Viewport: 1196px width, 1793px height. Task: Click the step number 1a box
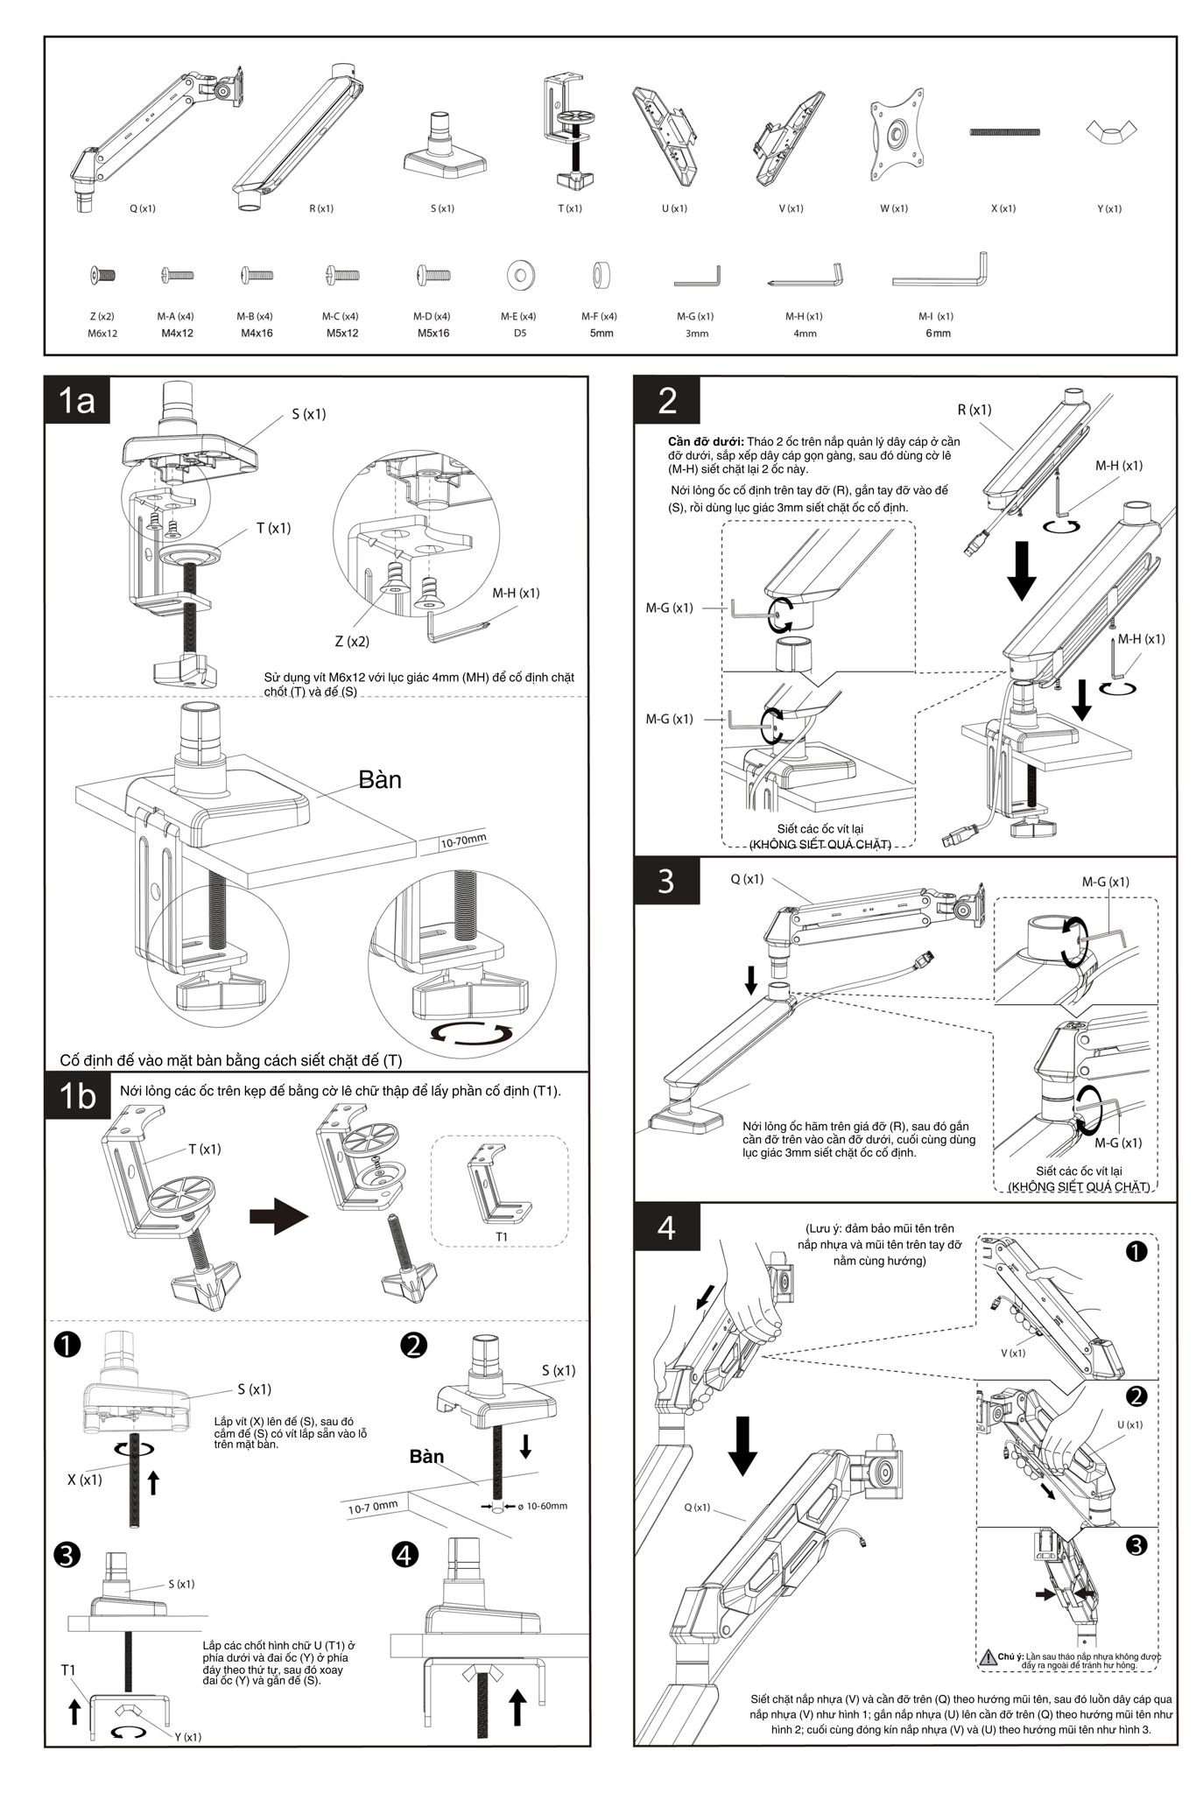click(x=77, y=401)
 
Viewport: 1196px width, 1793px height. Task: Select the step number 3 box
click(x=667, y=881)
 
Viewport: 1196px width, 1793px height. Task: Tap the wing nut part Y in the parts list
click(x=1111, y=133)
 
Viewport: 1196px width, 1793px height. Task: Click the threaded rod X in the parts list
click(x=1004, y=133)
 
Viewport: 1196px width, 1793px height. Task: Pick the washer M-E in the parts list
click(x=521, y=276)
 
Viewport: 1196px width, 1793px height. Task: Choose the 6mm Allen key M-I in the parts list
click(x=940, y=271)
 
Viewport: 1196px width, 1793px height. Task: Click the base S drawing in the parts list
click(x=444, y=149)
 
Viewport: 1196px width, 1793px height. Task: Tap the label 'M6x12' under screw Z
click(x=102, y=334)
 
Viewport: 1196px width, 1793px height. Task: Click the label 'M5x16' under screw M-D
click(x=433, y=334)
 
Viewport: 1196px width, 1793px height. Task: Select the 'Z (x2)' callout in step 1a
click(x=352, y=642)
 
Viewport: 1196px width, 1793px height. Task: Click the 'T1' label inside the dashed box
click(x=502, y=1237)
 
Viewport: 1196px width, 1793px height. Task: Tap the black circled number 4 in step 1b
click(x=405, y=1555)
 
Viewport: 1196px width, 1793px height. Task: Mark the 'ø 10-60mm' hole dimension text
click(x=543, y=1506)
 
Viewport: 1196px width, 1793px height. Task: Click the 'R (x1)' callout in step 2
click(x=974, y=410)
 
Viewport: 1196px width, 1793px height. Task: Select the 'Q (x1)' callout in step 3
click(x=747, y=879)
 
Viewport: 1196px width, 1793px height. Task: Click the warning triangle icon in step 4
click(x=987, y=1657)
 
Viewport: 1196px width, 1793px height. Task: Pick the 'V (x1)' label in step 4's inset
click(x=1013, y=1353)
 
